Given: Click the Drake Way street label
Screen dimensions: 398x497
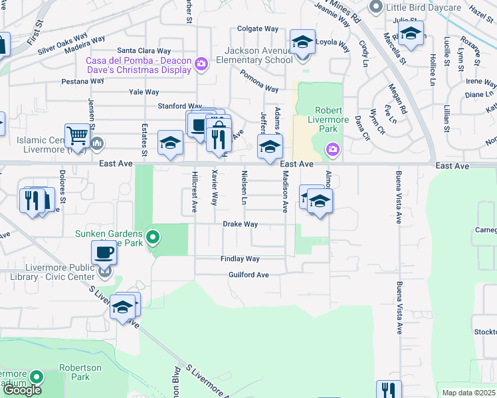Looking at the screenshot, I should [x=240, y=224].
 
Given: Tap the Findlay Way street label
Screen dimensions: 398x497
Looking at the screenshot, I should [x=240, y=259].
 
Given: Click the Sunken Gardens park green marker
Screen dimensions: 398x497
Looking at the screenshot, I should [x=153, y=236].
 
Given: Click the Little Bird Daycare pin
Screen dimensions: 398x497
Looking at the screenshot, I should [x=377, y=7].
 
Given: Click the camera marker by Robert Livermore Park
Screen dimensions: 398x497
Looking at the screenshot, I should [x=332, y=151].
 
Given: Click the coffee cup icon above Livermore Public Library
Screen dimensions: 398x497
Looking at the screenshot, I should [x=104, y=253].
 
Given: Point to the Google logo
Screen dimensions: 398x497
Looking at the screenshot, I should [x=22, y=390].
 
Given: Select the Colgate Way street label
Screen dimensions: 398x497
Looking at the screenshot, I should [x=258, y=29].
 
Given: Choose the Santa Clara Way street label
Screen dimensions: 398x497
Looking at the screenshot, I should [x=144, y=50].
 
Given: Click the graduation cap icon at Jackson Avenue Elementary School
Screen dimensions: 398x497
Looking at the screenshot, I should [x=302, y=42].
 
